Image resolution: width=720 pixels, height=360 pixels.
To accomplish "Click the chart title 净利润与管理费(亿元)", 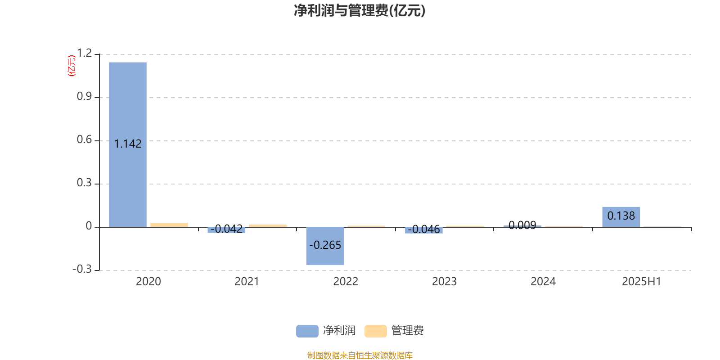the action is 360,11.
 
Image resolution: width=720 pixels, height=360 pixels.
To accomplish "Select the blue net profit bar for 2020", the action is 128,144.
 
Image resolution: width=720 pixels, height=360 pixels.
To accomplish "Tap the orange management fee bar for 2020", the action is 169,225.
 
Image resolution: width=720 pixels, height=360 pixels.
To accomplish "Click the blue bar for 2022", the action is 325,246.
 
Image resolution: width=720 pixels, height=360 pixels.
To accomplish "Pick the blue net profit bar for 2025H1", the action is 621,217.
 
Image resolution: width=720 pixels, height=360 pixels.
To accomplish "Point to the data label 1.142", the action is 128,144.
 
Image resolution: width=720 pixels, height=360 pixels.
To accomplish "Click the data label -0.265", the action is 325,245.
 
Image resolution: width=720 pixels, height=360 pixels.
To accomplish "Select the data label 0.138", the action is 621,216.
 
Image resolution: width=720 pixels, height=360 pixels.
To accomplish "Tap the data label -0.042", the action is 227,229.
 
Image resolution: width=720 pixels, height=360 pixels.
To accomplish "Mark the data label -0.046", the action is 423,229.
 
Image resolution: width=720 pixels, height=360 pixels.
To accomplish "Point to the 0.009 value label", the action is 522,225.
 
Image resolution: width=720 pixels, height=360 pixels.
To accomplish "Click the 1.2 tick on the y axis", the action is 84,53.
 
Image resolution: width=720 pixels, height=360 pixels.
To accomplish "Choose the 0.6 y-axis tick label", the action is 84,139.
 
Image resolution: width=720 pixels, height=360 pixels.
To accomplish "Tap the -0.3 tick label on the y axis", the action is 82,269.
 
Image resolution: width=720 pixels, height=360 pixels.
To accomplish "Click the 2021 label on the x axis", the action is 247,282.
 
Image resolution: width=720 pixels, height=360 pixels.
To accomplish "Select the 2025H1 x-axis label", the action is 642,282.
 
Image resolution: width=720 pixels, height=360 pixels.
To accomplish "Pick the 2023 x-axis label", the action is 444,282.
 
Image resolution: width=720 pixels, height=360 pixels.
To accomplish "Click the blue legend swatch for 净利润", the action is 307,331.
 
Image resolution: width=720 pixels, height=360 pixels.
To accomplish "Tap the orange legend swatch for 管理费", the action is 375,331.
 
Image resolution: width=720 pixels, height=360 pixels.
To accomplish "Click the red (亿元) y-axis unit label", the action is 72,66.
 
